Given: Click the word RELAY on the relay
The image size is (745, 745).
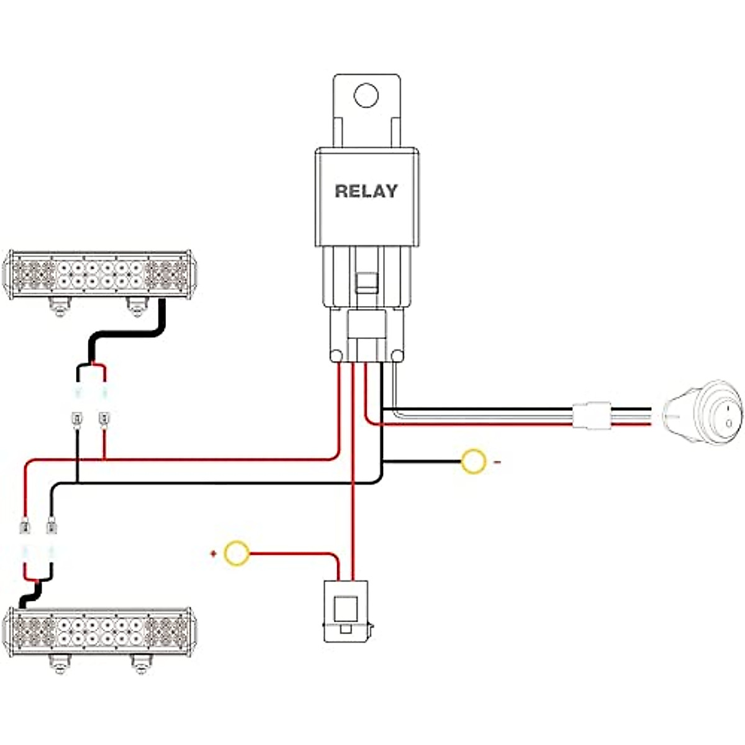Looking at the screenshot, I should (366, 191).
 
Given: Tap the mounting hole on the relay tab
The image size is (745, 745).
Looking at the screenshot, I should (366, 96).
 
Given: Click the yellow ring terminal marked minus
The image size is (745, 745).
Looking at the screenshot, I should (473, 462).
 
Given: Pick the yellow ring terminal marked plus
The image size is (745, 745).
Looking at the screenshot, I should (237, 553).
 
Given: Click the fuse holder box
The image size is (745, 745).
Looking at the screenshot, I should (346, 611).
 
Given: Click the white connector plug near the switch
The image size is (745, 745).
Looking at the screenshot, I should (590, 415).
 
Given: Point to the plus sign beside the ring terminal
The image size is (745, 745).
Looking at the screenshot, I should (214, 553).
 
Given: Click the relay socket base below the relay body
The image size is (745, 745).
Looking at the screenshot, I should (366, 335).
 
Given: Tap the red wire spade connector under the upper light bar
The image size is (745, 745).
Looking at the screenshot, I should (104, 420).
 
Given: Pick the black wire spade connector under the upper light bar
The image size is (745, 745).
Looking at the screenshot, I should (77, 420).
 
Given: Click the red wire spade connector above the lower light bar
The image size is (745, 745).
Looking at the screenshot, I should (25, 528).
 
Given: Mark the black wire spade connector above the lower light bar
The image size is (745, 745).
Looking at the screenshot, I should (51, 528).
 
